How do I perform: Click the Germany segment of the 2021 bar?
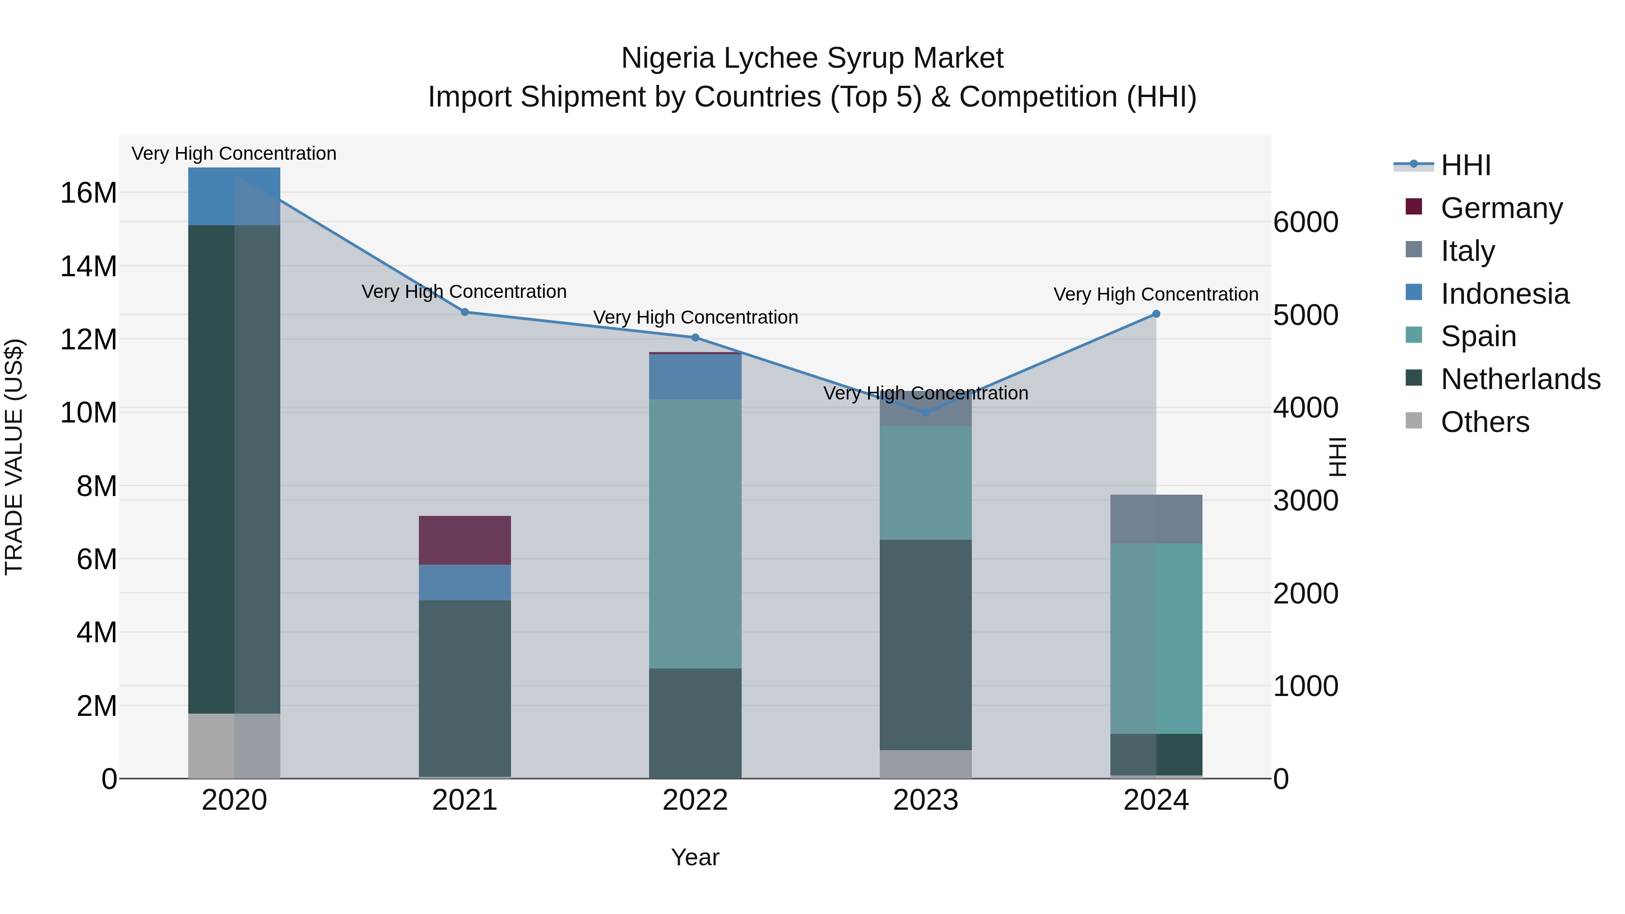464,540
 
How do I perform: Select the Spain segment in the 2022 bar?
695,533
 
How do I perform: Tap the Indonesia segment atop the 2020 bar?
234,196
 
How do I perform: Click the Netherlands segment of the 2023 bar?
925,644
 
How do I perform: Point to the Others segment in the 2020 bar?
234,746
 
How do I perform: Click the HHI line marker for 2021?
464,311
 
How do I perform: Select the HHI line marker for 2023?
925,413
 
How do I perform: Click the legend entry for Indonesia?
1504,293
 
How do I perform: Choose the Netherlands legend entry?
1520,379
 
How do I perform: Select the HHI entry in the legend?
1465,165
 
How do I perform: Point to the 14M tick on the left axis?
88,266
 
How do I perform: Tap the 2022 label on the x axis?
695,800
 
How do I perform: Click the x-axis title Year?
695,857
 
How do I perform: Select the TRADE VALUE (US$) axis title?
14,457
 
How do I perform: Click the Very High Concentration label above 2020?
234,153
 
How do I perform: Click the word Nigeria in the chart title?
668,58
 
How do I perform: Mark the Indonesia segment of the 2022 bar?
695,376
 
